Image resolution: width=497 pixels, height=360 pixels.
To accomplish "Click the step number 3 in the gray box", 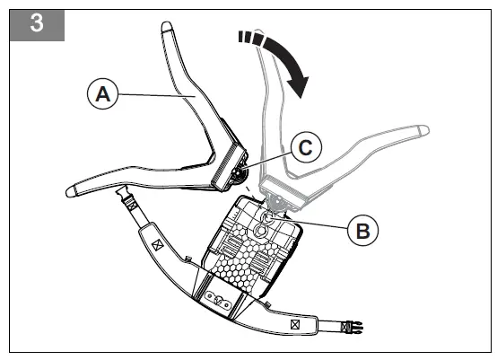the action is tap(37, 22).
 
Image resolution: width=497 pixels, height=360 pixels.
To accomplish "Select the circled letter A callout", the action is tap(102, 94).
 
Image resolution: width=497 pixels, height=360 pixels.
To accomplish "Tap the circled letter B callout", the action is tap(363, 231).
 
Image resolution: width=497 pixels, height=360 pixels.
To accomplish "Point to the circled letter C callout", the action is tap(306, 147).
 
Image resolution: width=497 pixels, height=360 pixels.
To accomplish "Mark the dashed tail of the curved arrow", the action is tap(250, 38).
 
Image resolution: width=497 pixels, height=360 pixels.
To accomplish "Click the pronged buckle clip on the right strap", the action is tap(353, 327).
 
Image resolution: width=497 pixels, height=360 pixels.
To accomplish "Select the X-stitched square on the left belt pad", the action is tap(157, 245).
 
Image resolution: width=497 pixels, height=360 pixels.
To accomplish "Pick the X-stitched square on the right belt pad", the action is tap(295, 324).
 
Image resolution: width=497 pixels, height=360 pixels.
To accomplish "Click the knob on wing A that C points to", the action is tap(239, 173).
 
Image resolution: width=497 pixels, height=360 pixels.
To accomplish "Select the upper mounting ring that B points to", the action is tap(266, 218).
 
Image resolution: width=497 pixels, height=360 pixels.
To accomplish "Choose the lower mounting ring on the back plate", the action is tap(260, 231).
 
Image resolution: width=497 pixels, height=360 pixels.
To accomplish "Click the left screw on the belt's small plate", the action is tap(210, 296).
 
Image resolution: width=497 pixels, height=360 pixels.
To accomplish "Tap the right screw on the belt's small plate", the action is tap(226, 305).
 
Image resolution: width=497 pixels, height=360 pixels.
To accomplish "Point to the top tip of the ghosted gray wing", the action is tap(259, 31).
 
